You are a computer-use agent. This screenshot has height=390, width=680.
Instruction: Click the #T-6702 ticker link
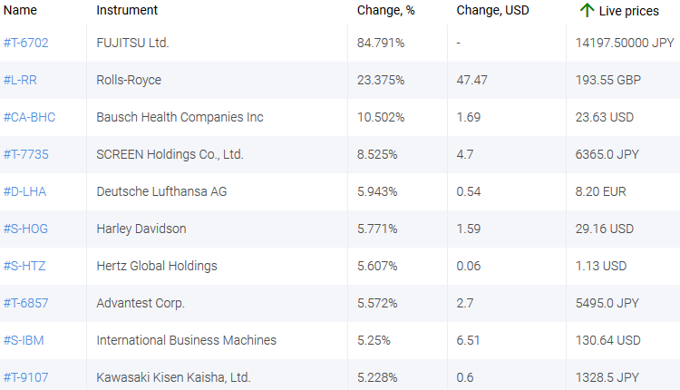pyautogui.click(x=25, y=43)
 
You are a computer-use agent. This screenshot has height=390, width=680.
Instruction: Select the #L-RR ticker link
pyautogui.click(x=20, y=80)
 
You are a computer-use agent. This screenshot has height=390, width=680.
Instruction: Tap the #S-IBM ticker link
pyautogui.click(x=22, y=340)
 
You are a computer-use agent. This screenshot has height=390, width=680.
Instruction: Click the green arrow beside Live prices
pyautogui.click(x=587, y=10)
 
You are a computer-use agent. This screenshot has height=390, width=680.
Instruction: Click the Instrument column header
pyautogui.click(x=127, y=10)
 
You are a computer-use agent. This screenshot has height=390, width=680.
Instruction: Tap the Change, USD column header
pyautogui.click(x=492, y=10)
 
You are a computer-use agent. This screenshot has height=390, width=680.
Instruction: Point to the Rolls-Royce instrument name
pyautogui.click(x=129, y=80)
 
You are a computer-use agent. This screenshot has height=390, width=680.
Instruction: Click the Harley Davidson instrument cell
pyautogui.click(x=141, y=229)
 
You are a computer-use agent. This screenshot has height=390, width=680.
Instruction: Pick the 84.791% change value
pyautogui.click(x=381, y=43)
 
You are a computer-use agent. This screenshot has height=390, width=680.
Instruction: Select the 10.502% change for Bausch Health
pyautogui.click(x=381, y=117)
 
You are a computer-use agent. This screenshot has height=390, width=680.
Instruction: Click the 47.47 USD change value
pyautogui.click(x=472, y=80)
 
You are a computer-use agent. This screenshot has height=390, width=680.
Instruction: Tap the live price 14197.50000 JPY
pyautogui.click(x=625, y=43)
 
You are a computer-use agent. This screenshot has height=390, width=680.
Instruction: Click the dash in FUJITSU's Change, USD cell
pyautogui.click(x=461, y=43)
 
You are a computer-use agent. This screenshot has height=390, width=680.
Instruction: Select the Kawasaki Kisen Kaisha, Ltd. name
pyautogui.click(x=173, y=377)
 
